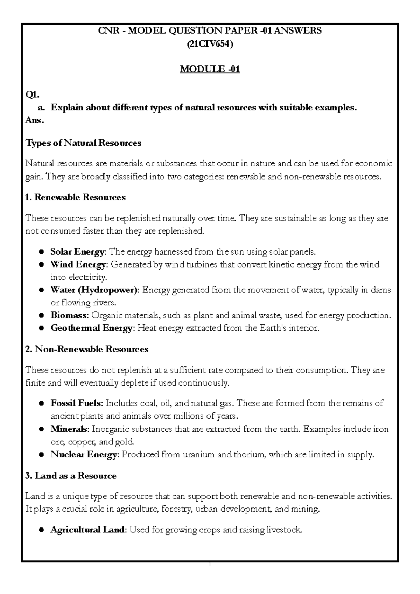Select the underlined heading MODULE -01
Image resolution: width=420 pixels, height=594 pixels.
[x=210, y=69]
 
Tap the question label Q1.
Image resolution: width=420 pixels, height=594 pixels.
[x=33, y=95]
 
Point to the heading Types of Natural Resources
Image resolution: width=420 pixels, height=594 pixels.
[x=83, y=143]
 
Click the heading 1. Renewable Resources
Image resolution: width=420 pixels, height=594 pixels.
[x=76, y=198]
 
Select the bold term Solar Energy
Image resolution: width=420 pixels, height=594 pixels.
[x=77, y=252]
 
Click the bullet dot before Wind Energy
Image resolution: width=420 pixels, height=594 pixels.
[x=41, y=265]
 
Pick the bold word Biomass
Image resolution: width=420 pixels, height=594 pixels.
[x=69, y=316]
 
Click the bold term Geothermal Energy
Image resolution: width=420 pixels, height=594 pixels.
[x=91, y=328]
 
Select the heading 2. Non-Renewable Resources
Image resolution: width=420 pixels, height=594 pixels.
[x=87, y=349]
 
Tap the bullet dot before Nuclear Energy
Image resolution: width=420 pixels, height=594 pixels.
[x=41, y=455]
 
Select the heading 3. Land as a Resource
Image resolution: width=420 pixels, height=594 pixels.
[x=71, y=476]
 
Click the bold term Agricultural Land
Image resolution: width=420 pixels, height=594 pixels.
[x=87, y=530]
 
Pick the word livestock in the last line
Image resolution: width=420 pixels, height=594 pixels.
[x=284, y=530]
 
